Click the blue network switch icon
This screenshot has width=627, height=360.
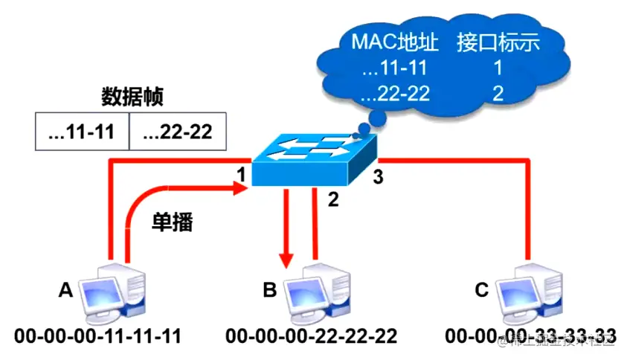(313, 159)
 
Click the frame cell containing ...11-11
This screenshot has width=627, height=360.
(82, 132)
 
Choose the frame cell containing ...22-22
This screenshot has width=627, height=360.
(177, 132)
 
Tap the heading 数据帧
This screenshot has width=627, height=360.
(132, 97)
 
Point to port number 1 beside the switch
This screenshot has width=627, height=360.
(240, 176)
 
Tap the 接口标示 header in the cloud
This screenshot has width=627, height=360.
(498, 42)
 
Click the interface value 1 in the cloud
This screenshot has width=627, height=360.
(497, 69)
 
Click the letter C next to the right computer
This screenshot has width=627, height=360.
(482, 289)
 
